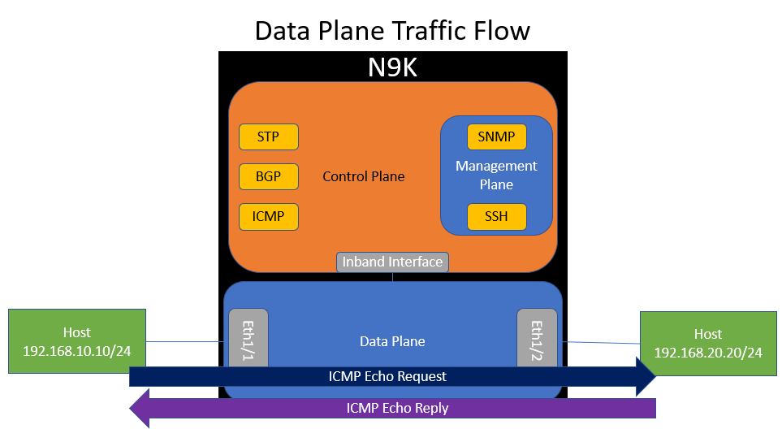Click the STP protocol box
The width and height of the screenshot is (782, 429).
coord(268,136)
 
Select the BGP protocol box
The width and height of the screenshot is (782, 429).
coord(268,176)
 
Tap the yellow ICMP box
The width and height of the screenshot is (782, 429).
coord(268,217)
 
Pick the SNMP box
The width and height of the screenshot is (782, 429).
coord(496,136)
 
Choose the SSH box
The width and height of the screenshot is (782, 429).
coord(496,217)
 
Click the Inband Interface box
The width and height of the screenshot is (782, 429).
coord(392,262)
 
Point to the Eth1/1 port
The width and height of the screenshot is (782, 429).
coord(248,342)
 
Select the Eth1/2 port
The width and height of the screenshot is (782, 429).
coord(537,342)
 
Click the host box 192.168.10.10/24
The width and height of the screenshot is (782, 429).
coord(77,341)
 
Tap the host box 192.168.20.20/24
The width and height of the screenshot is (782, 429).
coord(707,343)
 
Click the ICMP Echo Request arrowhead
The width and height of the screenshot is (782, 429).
coord(646,376)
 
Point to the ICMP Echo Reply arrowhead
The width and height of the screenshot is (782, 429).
coord(140,408)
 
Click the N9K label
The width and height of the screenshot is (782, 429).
coord(392,67)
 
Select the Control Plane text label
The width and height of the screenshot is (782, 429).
coord(363,176)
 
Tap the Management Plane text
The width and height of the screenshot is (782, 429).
coord(496,175)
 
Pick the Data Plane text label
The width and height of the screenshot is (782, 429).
coord(392,342)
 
